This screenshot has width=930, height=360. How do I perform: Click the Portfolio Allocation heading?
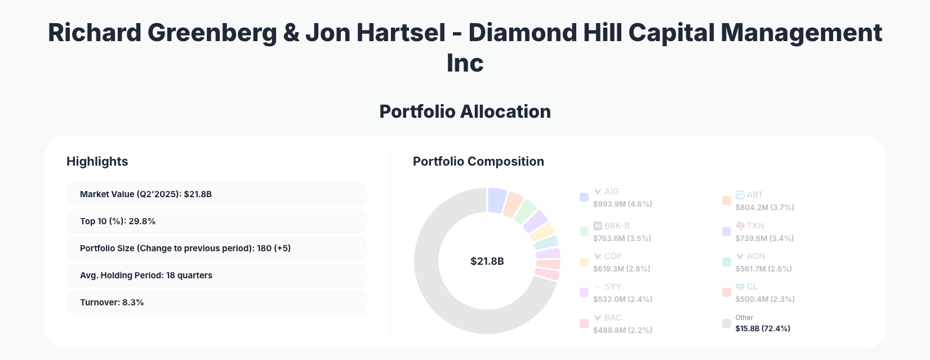point(465,112)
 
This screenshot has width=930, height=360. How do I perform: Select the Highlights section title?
point(97,162)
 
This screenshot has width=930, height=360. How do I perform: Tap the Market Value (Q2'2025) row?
point(216,194)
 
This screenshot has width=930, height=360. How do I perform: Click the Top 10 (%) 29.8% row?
point(216,221)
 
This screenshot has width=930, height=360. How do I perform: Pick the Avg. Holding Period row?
point(216,275)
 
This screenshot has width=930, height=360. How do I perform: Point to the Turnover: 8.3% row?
point(216,303)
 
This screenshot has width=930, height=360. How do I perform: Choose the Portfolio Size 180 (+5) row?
point(216,248)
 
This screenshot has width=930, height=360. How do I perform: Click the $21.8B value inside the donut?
point(487,261)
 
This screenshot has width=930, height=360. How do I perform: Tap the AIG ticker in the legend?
point(611,192)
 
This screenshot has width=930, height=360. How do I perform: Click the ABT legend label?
point(754,195)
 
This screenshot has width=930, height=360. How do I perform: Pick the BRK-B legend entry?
point(616,226)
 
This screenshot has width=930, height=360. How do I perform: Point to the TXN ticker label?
point(755,226)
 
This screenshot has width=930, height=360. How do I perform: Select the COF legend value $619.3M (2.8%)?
point(621,269)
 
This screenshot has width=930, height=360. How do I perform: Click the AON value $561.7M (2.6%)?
point(763,269)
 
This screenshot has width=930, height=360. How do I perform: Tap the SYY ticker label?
point(612,287)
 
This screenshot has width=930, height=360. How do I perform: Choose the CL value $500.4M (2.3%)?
point(764,299)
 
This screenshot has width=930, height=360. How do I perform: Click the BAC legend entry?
point(613,318)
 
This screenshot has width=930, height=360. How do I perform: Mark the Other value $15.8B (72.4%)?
point(762,328)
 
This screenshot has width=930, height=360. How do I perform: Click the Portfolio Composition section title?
point(478,162)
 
